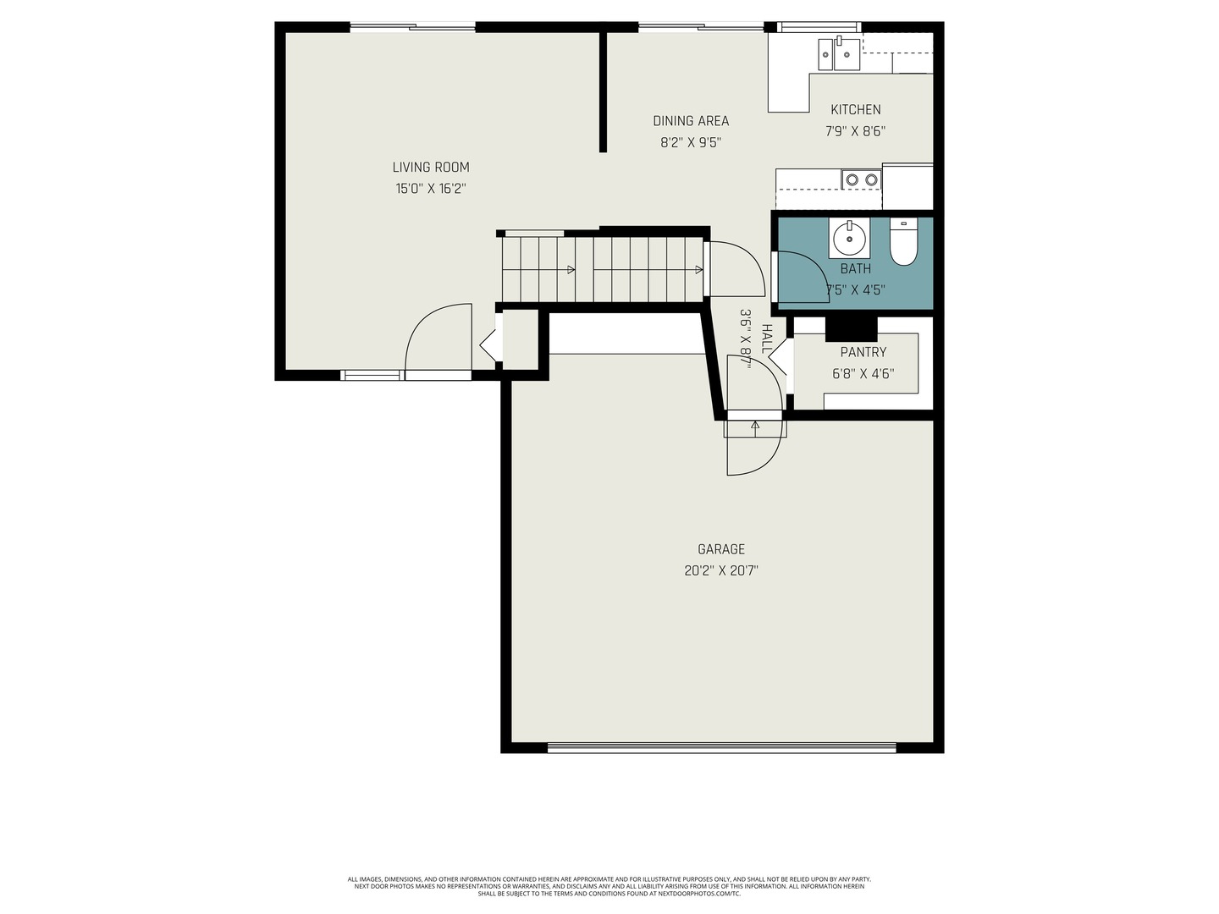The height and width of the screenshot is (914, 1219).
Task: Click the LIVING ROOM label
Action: (x=430, y=168)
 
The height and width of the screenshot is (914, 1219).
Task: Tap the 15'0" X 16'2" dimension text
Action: (x=430, y=189)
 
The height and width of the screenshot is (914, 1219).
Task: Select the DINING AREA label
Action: (x=691, y=121)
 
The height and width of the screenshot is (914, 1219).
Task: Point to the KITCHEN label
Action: (x=855, y=110)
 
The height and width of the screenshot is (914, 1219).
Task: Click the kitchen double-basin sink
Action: (x=838, y=54)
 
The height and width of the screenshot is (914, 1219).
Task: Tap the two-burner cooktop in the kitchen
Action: (x=861, y=179)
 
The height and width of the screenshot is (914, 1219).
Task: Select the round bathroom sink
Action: (x=848, y=238)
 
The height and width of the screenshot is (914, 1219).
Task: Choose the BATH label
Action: (x=855, y=269)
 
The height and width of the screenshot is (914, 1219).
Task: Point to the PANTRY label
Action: (x=863, y=352)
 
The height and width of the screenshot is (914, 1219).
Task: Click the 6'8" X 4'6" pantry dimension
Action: (x=863, y=373)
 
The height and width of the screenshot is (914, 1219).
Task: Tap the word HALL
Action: (x=767, y=339)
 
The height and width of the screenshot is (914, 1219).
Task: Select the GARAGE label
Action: (x=721, y=549)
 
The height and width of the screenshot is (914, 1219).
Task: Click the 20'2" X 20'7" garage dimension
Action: (x=721, y=570)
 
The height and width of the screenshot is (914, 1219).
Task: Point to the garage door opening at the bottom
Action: (x=721, y=747)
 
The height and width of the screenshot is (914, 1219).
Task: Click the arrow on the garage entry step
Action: (x=755, y=427)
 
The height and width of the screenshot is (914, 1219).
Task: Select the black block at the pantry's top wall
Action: (x=851, y=328)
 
